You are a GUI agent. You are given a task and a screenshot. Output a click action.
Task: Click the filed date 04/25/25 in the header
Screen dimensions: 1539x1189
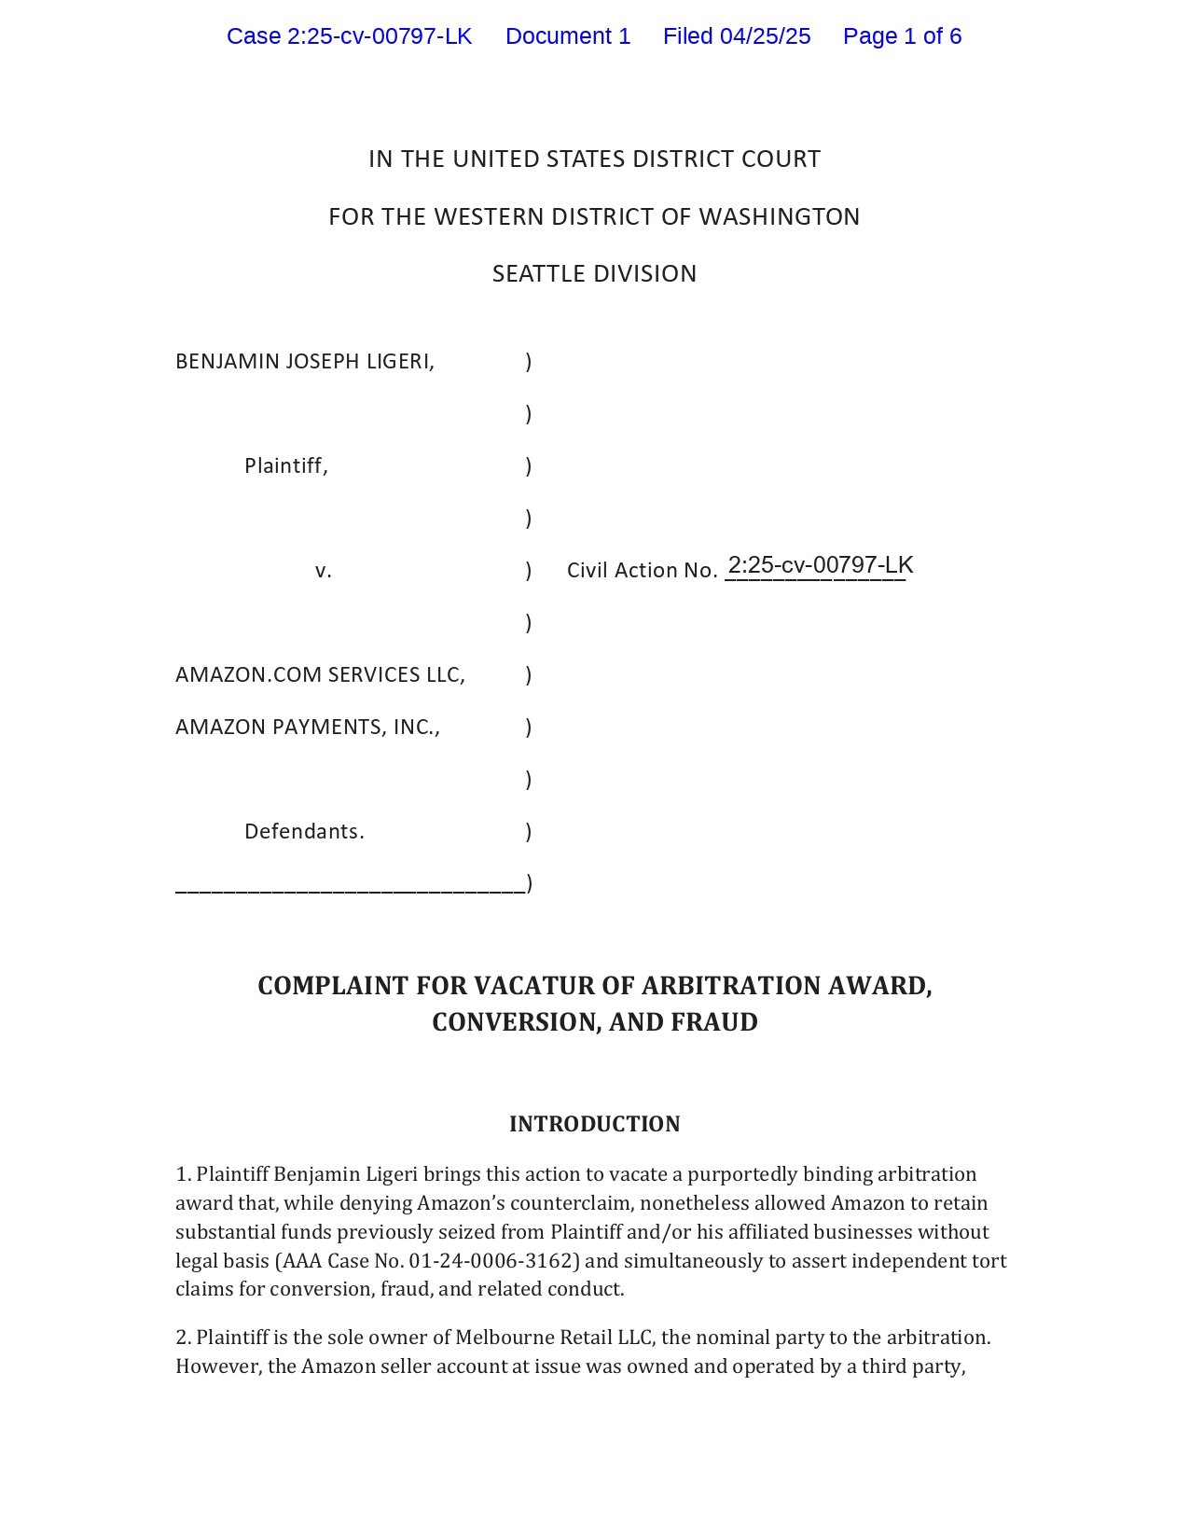coord(765,36)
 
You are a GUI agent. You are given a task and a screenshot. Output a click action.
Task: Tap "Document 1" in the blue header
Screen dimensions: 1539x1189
coord(568,36)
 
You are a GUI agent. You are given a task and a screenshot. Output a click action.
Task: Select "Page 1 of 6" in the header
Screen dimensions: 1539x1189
coord(902,36)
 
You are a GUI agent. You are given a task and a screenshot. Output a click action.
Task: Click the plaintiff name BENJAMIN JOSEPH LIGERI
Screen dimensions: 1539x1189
coord(305,361)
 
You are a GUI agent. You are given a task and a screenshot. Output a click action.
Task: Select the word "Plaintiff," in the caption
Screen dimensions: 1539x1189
coord(286,465)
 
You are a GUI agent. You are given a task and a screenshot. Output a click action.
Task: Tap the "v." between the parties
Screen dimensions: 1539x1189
coord(324,570)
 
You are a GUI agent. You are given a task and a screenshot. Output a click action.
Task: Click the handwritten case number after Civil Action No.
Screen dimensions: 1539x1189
coord(820,565)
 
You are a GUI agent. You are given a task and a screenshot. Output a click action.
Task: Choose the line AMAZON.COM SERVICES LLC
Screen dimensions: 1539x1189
coord(320,674)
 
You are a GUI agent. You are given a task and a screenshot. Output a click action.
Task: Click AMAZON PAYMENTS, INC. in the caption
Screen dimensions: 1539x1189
coord(308,727)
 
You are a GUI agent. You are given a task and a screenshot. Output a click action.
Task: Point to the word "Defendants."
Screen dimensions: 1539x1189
coord(304,831)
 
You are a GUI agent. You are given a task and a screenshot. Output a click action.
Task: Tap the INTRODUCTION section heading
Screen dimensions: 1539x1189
coord(594,1124)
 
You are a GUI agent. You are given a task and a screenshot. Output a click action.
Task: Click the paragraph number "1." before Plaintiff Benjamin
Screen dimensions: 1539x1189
coord(184,1174)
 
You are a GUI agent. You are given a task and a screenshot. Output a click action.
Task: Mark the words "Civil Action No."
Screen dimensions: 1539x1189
coord(642,570)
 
